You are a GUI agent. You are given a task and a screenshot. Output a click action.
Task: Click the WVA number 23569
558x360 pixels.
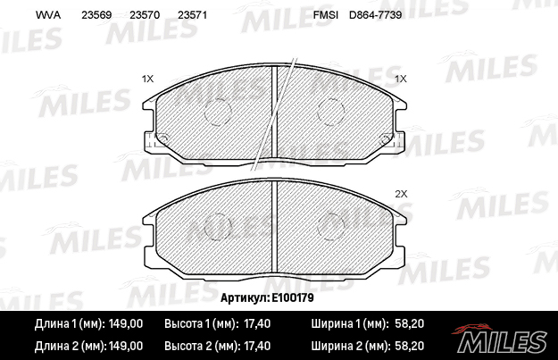[96, 15]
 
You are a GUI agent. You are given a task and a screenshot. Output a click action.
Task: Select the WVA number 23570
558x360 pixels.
[145, 15]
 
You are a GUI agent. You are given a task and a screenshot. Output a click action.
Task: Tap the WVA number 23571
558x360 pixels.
[192, 15]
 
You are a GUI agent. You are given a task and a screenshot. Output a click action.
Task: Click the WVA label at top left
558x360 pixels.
[48, 15]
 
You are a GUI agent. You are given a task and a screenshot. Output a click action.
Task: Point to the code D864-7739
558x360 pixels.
[376, 15]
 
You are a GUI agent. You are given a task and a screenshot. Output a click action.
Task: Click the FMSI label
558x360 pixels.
[326, 15]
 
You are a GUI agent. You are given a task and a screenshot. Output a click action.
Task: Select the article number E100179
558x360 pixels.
[293, 297]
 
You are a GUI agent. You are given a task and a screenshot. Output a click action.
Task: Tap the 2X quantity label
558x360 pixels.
[401, 194]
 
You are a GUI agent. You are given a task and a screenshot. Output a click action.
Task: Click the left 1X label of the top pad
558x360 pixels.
[147, 79]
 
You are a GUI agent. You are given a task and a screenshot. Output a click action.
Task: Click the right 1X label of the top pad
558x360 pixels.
[401, 79]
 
